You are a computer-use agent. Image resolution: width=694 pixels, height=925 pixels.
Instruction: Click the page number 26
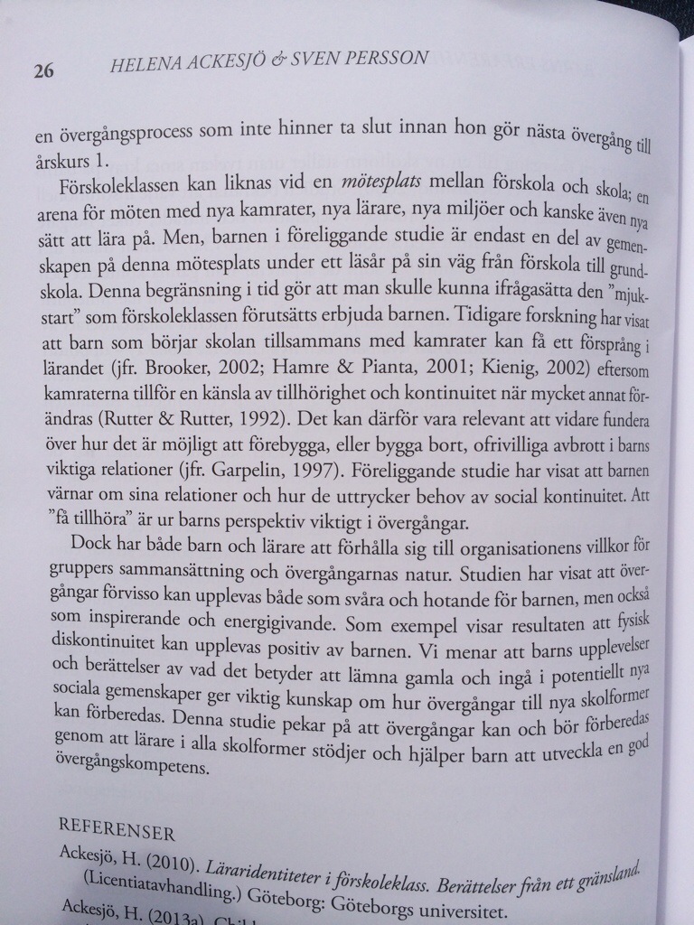pos(44,71)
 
